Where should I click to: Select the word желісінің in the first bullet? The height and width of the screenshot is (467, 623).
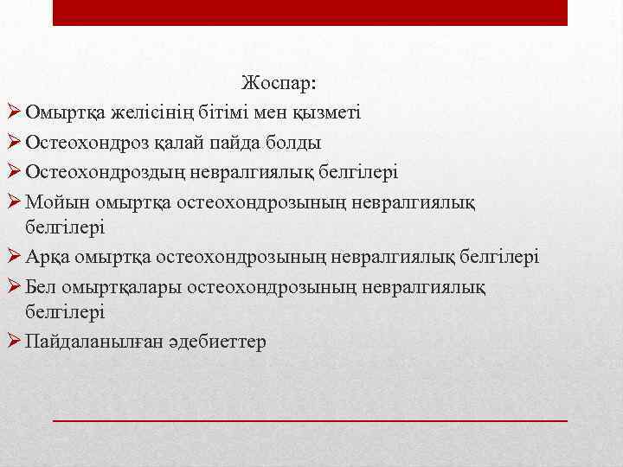(x=134, y=112)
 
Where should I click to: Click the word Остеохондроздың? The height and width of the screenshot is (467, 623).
(x=97, y=171)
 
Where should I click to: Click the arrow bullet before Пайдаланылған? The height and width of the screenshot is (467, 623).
(x=15, y=342)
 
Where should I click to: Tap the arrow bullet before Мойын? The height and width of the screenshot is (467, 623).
(x=15, y=201)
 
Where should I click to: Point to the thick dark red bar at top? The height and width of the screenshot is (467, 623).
(x=310, y=12)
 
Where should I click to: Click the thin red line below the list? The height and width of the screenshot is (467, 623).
(x=310, y=419)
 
